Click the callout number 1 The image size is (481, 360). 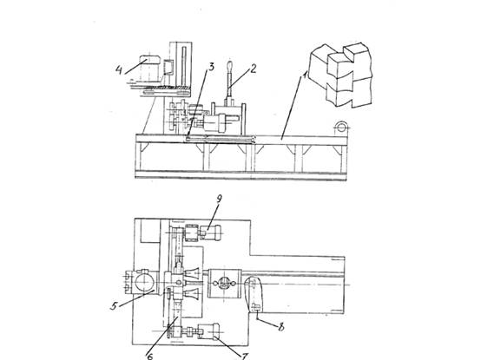click(x=305, y=74)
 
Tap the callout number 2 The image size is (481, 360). click(x=253, y=69)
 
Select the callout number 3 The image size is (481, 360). click(x=211, y=67)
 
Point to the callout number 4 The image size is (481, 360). click(x=119, y=70)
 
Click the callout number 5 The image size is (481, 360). click(x=114, y=305)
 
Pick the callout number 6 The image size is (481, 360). click(x=150, y=356)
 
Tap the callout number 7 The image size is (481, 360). click(x=245, y=357)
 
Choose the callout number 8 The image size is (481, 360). click(x=281, y=327)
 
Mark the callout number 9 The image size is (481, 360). click(x=219, y=199)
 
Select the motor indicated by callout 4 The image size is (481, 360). click(x=150, y=69)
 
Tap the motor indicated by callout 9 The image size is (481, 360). click(x=210, y=233)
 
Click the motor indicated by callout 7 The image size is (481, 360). click(x=208, y=331)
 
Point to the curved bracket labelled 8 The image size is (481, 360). click(x=254, y=294)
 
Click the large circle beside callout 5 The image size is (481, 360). click(x=143, y=283)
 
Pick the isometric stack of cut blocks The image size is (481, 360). click(x=340, y=75)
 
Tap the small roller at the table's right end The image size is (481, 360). click(x=341, y=127)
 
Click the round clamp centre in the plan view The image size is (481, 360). click(x=224, y=284)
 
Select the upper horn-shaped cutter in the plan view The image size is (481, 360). click(x=192, y=273)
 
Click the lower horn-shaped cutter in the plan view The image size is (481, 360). click(x=192, y=295)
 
